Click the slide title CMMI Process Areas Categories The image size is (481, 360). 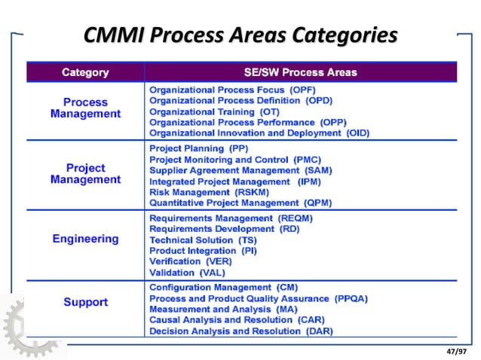point(240,35)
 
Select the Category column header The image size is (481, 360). point(84,73)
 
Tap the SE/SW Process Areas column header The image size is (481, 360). point(300,73)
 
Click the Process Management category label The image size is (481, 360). point(85,108)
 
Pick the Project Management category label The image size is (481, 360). point(85,173)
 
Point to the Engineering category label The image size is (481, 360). point(85,239)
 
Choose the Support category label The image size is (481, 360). point(85,302)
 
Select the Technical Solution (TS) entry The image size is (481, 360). point(203,239)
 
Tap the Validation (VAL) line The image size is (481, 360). point(187,272)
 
